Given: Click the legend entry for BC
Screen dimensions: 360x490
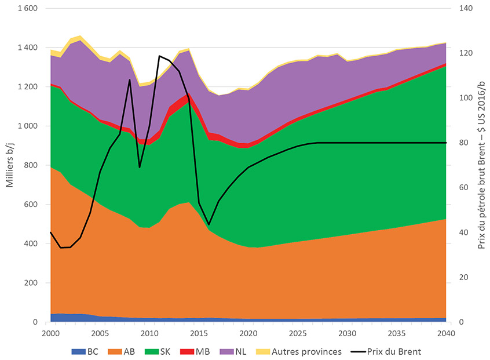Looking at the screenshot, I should click(x=86, y=351).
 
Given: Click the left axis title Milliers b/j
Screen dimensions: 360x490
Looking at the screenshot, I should click(x=10, y=165).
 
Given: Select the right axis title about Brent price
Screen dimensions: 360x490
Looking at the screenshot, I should click(x=481, y=165).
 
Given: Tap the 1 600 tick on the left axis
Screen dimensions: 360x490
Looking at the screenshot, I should click(x=27, y=9).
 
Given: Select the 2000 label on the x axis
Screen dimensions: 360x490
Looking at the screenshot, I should click(x=50, y=333).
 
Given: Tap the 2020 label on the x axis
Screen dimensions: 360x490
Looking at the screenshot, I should click(x=248, y=333).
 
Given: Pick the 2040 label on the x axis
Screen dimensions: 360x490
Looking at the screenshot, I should click(x=446, y=333).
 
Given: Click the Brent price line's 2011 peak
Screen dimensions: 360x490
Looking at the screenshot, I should click(x=159, y=56).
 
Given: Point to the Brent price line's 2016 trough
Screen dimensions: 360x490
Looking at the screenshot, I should click(x=209, y=224).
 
